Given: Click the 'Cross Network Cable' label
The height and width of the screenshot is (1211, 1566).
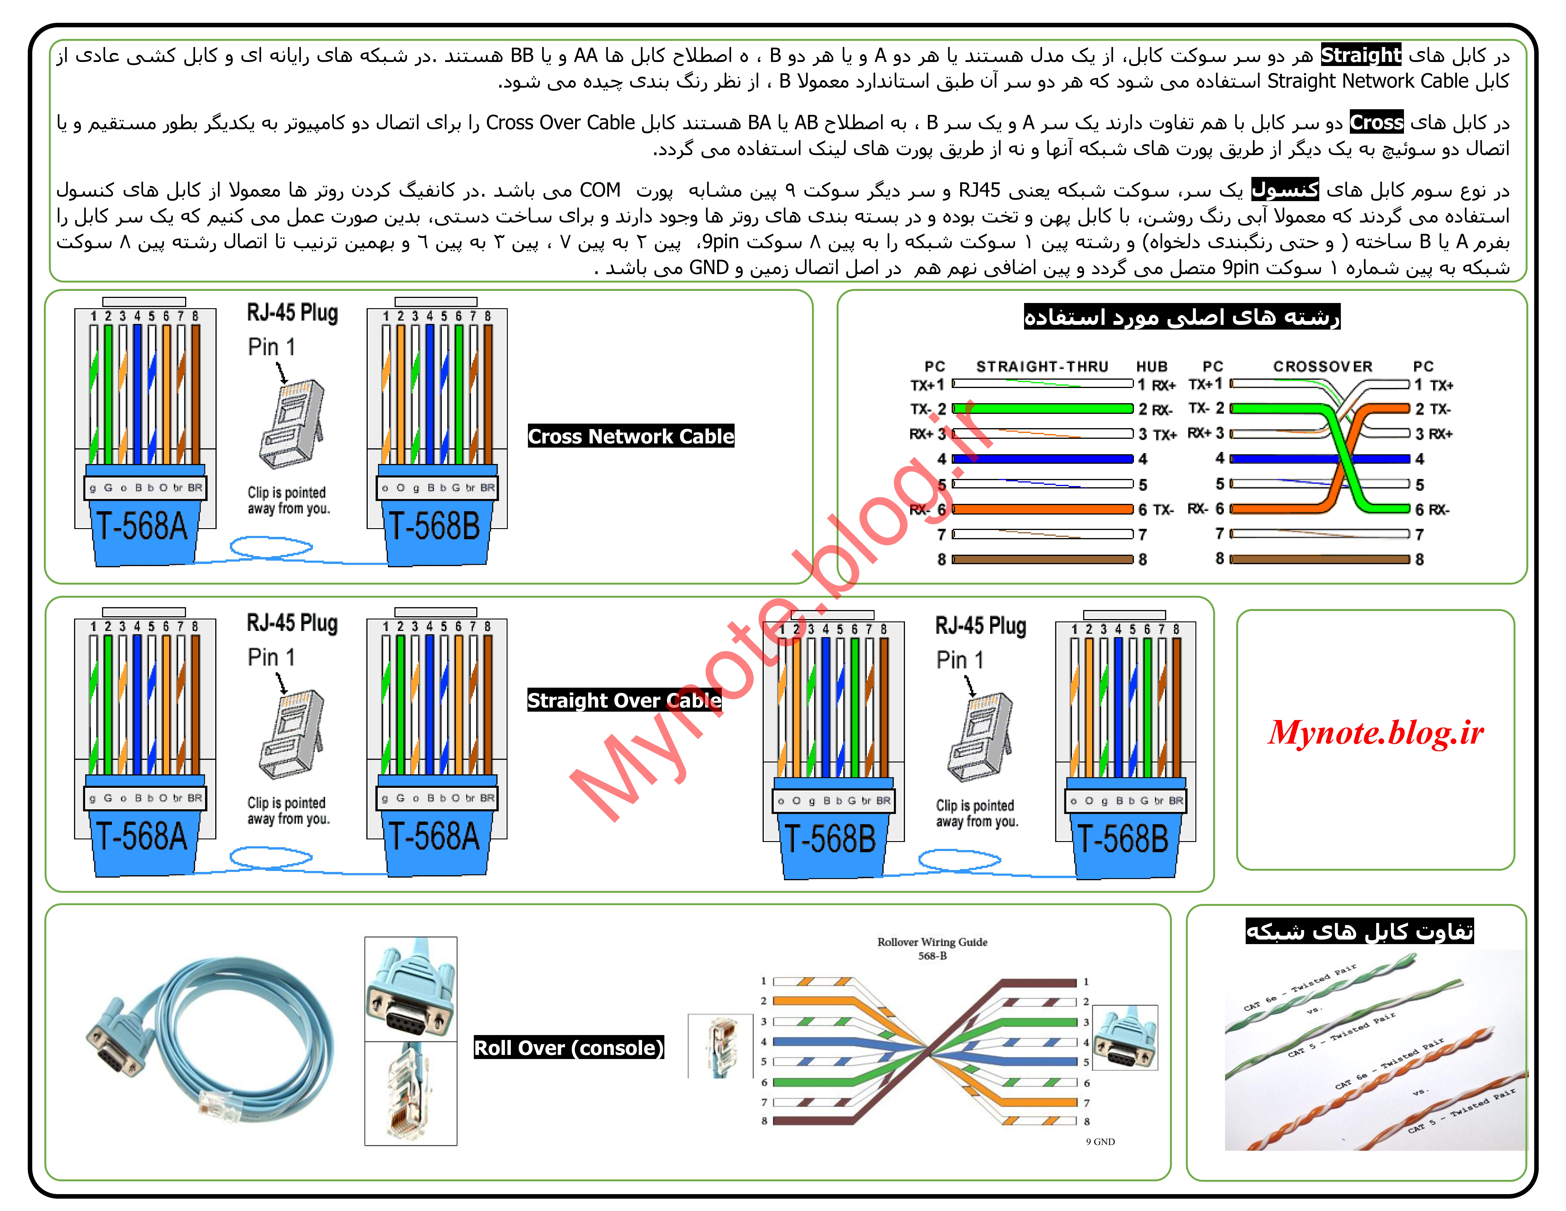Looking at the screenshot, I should point(631,436).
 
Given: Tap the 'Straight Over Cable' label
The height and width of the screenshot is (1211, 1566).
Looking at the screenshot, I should point(624,700).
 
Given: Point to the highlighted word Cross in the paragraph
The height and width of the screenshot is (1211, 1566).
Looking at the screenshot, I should point(1376,123).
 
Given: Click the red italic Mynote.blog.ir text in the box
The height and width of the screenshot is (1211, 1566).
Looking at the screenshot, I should point(1375,733).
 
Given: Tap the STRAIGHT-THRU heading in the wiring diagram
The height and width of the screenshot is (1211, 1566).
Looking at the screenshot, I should point(1042,367).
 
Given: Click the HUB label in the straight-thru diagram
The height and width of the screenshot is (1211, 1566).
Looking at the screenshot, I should point(1151,367).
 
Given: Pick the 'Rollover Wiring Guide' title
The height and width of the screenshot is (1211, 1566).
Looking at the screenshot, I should point(932,942).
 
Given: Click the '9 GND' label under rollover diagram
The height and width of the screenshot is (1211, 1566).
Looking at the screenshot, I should point(1100,1141).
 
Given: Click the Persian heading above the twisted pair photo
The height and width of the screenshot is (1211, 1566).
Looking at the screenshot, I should point(1360,931).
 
